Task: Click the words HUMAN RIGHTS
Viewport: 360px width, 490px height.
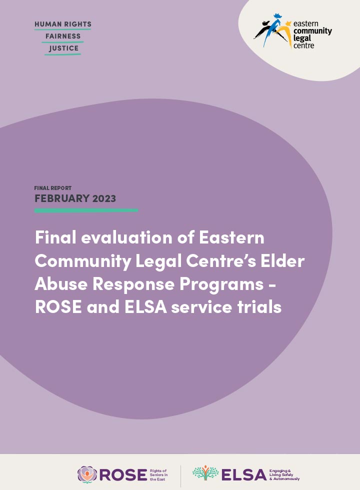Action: coord(62,24)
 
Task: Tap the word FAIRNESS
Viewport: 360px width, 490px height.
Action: coord(62,36)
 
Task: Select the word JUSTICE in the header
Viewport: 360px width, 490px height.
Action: coord(63,48)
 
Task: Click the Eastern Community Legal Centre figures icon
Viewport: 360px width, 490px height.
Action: coord(273,32)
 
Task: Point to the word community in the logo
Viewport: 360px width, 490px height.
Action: coord(312,31)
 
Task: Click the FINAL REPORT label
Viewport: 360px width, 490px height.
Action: coord(52,188)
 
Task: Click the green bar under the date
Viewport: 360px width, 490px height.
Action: coord(86,210)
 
